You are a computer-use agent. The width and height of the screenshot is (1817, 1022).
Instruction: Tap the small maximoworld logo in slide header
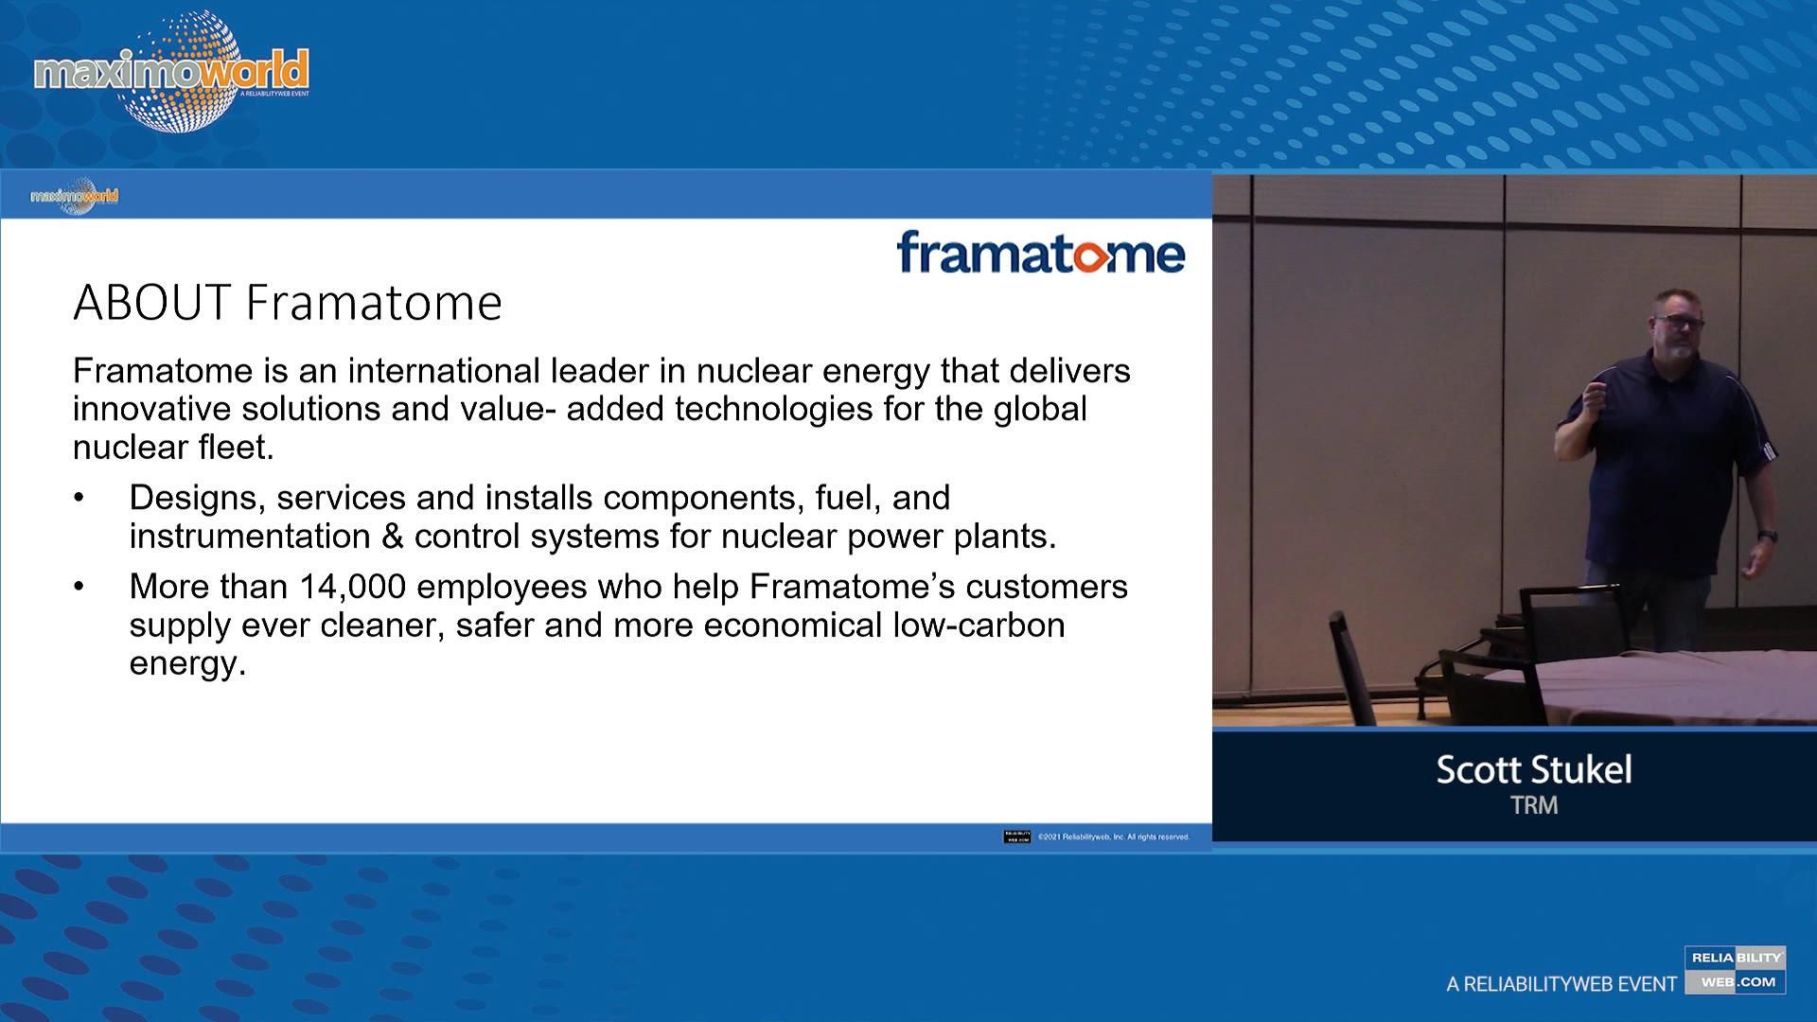75,196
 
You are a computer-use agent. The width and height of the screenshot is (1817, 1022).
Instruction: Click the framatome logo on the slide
1040,253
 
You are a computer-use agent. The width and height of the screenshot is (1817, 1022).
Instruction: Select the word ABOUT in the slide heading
151,303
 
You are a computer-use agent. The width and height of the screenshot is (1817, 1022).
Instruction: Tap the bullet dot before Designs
79,498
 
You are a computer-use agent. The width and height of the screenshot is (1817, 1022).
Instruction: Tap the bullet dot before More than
79,587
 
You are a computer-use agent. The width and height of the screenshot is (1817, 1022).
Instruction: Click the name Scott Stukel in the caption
1533,769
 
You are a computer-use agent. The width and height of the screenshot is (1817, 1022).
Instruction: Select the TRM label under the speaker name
1533,805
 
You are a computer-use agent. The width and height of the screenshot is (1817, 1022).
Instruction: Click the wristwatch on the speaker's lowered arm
1767,537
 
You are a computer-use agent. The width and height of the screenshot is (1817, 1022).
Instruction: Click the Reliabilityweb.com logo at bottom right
1735,970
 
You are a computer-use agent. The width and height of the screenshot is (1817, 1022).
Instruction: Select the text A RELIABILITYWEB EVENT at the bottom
1561,985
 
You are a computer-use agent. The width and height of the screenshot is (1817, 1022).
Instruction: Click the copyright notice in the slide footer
1113,837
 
